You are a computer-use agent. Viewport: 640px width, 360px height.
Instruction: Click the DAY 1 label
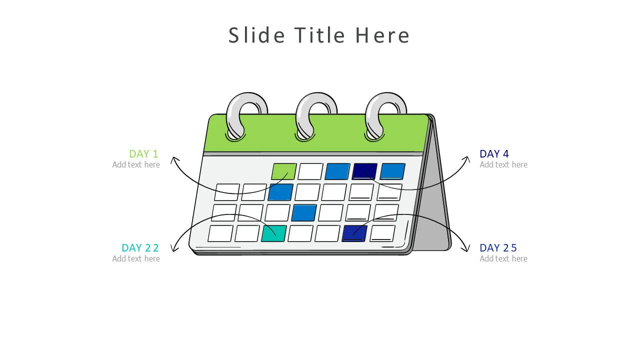pyautogui.click(x=143, y=154)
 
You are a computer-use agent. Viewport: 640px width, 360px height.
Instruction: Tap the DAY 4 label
pyautogui.click(x=494, y=154)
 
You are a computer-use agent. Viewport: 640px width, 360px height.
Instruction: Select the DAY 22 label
pyautogui.click(x=140, y=248)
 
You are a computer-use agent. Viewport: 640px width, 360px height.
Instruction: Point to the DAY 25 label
pyautogui.click(x=498, y=248)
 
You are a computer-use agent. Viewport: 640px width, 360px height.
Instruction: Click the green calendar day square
pyautogui.click(x=283, y=171)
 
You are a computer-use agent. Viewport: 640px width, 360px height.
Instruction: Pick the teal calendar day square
pyautogui.click(x=274, y=233)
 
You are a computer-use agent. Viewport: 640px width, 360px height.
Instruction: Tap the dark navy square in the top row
pyautogui.click(x=364, y=171)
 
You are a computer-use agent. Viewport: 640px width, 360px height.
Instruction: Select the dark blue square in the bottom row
pyautogui.click(x=354, y=233)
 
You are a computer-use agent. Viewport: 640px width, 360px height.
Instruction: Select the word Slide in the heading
pyautogui.click(x=257, y=35)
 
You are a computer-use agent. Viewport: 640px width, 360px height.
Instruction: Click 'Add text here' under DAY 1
pyautogui.click(x=136, y=164)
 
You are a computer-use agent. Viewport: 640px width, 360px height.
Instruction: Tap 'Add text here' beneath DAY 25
pyautogui.click(x=503, y=258)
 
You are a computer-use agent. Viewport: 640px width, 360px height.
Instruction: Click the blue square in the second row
pyautogui.click(x=280, y=192)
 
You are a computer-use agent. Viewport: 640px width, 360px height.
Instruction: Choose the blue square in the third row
pyautogui.click(x=304, y=212)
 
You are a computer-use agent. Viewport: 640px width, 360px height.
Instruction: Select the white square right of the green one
pyautogui.click(x=310, y=171)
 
